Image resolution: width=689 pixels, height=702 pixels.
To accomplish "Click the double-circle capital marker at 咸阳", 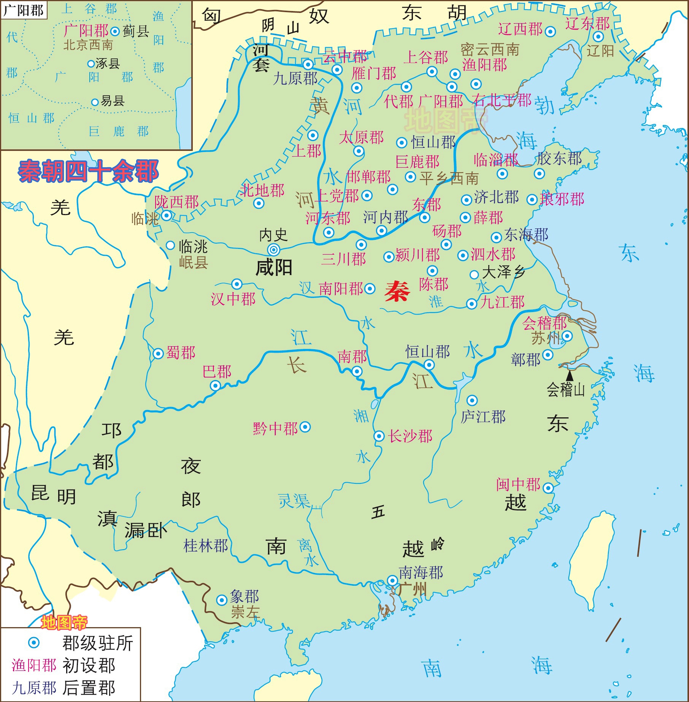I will click(x=273, y=250).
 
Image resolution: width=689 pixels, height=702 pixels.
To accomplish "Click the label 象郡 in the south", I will click(x=244, y=596).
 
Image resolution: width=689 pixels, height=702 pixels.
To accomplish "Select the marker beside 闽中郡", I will click(x=548, y=488).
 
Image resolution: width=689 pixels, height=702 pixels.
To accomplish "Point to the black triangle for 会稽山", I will click(x=570, y=376).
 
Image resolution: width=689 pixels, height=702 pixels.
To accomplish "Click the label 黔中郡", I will click(x=275, y=428).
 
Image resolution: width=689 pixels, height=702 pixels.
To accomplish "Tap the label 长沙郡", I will click(x=410, y=436).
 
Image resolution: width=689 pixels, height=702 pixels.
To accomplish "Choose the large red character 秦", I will click(x=397, y=292).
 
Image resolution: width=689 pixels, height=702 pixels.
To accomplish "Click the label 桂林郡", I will click(x=206, y=546).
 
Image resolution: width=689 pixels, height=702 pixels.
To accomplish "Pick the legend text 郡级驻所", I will click(x=98, y=643).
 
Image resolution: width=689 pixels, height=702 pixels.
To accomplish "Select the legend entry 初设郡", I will click(x=89, y=666).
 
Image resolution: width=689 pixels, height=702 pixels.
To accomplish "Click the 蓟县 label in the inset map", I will click(x=136, y=31).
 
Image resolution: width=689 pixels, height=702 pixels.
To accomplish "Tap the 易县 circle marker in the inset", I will click(x=95, y=102).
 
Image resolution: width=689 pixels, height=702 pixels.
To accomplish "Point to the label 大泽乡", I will click(x=503, y=272).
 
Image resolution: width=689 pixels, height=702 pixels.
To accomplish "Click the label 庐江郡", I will click(x=483, y=417).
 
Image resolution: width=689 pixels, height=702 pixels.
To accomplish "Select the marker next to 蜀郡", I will click(x=158, y=353).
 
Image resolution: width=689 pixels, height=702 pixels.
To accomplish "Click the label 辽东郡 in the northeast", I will click(x=587, y=24).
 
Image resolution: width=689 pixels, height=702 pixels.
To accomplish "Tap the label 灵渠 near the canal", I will click(x=294, y=501).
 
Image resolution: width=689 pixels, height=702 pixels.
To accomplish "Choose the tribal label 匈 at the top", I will click(x=211, y=16).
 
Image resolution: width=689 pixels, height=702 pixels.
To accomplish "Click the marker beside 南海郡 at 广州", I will click(x=392, y=580).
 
